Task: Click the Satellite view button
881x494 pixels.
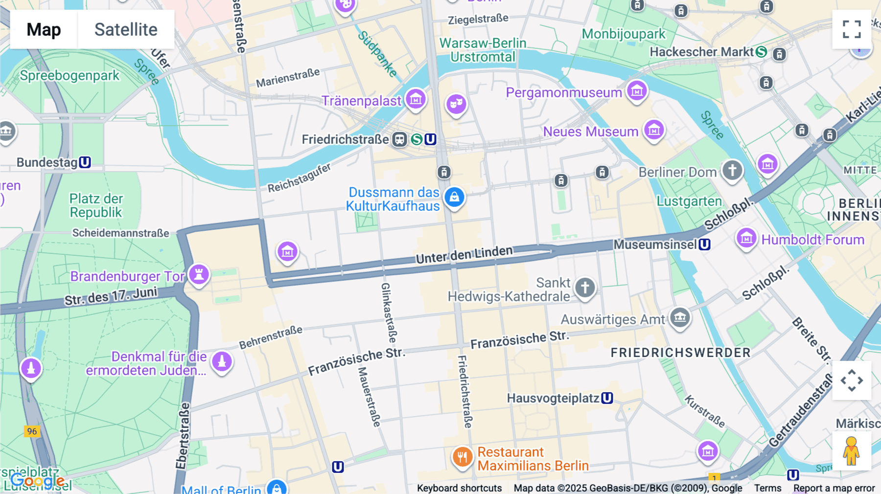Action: [x=126, y=29]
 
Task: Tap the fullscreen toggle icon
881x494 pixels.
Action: [x=852, y=29]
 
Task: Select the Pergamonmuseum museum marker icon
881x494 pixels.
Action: [x=637, y=90]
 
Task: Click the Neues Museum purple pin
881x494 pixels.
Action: [x=654, y=130]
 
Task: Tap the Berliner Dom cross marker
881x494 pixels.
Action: [x=732, y=171]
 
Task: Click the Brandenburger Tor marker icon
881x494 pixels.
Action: [x=199, y=274]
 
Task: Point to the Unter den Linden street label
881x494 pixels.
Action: [x=464, y=254]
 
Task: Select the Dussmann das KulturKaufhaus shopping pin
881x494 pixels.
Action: [x=454, y=197]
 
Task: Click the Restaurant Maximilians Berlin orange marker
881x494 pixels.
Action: [x=462, y=457]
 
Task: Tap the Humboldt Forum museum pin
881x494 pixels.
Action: [x=746, y=239]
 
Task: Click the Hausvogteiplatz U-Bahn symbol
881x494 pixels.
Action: [x=607, y=398]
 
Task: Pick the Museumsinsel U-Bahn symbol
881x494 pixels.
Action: [x=704, y=244]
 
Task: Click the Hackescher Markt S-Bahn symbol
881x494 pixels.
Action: [x=761, y=52]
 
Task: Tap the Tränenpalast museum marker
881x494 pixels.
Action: [x=416, y=99]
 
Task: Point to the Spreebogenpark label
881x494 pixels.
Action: [x=70, y=76]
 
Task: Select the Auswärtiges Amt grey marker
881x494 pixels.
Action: [x=680, y=318]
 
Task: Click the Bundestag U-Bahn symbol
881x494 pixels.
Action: [x=85, y=162]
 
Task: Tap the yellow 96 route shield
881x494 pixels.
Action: [x=32, y=431]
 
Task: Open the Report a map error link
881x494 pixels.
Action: [x=834, y=488]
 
